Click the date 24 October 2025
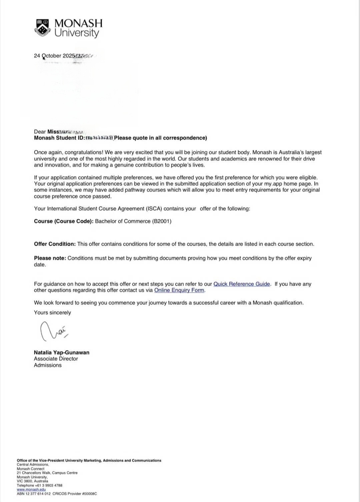point(54,56)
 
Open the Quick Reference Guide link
point(242,284)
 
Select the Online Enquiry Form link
point(179,290)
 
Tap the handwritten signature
point(53,331)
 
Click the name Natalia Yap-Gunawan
point(62,352)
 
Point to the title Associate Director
point(56,359)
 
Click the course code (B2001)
point(162,221)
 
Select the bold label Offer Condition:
point(55,244)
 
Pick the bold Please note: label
point(50,258)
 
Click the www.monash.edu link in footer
point(31,490)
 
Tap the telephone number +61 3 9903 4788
point(49,485)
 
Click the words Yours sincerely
point(52,313)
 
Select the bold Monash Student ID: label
point(59,138)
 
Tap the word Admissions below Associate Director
point(48,365)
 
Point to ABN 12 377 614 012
point(34,494)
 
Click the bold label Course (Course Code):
point(64,221)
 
